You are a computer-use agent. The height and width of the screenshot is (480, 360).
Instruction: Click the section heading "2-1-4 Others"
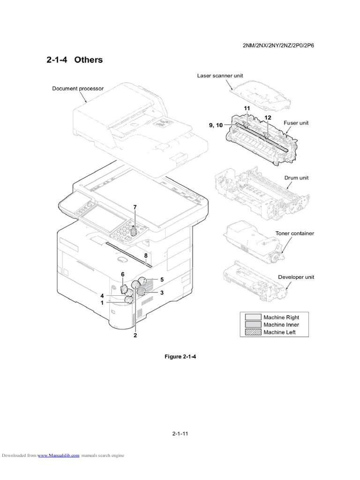point(75,60)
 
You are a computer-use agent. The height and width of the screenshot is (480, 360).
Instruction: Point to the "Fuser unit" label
point(296,123)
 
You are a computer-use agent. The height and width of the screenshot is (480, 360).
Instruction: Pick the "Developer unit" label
point(296,277)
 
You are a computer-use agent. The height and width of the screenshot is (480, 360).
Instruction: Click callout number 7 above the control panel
point(135,207)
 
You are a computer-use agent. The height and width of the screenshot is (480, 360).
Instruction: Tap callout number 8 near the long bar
point(146,255)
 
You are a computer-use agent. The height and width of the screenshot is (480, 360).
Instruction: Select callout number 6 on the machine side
point(123,274)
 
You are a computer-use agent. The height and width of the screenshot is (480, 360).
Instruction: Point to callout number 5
point(162,279)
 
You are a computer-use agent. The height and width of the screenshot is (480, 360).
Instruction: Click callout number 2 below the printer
point(135,335)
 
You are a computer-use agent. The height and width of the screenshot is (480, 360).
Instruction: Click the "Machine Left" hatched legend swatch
point(251,332)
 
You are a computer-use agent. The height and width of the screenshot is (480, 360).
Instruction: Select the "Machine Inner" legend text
point(281,325)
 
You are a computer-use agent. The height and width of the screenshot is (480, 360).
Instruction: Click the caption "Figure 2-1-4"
point(180,357)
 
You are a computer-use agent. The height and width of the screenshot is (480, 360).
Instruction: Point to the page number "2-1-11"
point(180,434)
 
